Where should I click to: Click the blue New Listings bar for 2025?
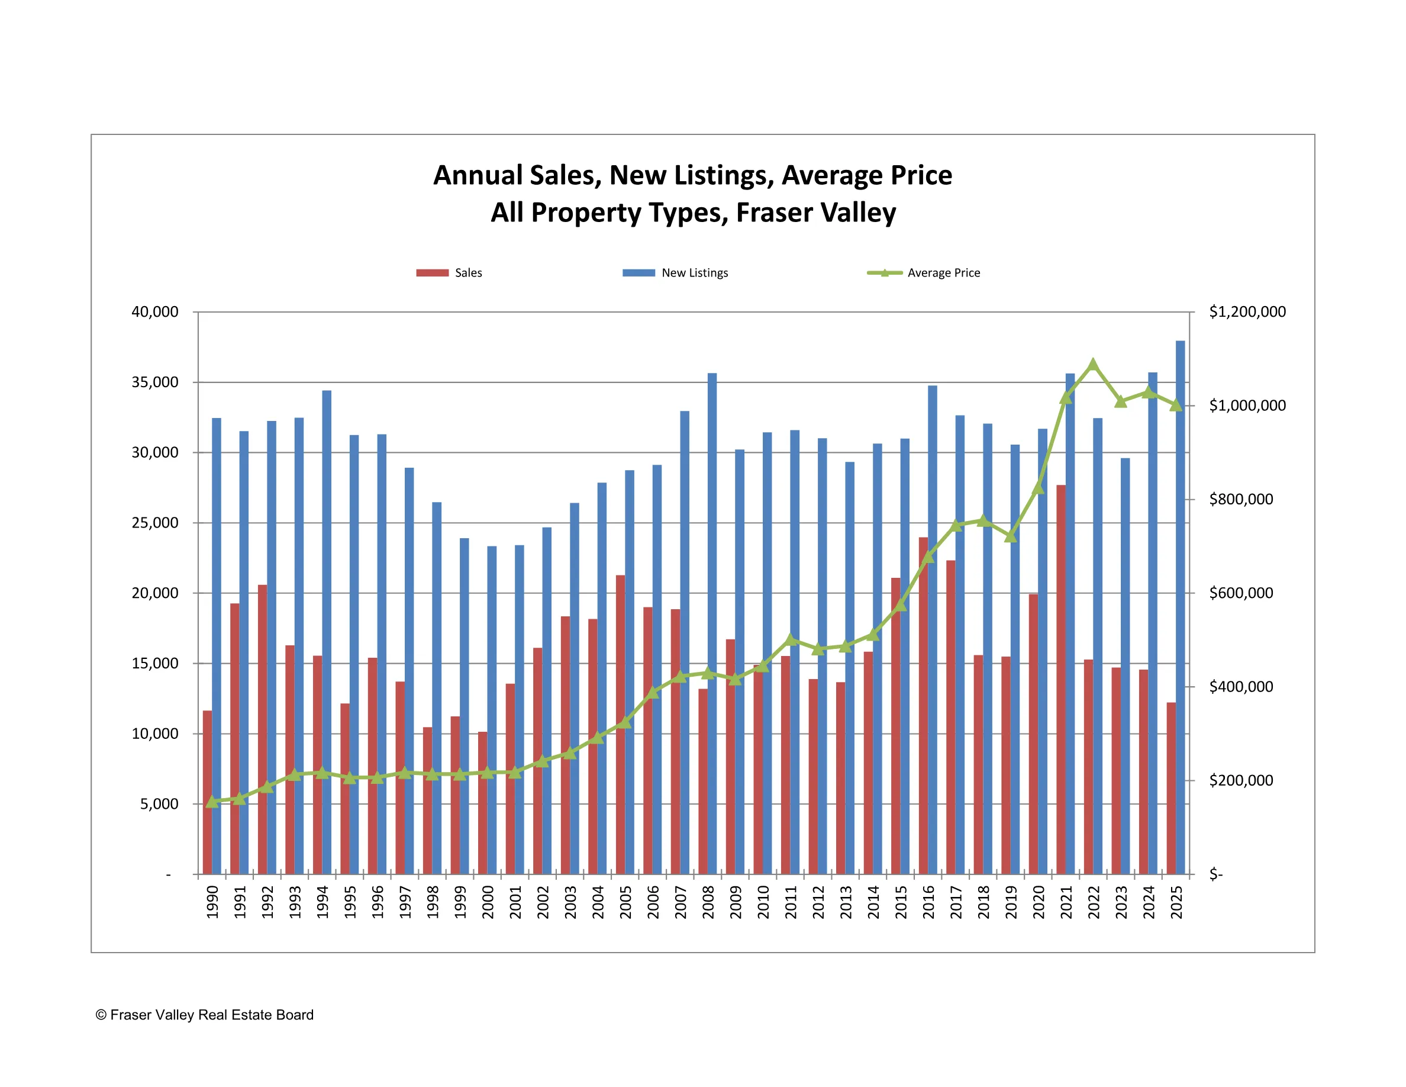click(x=1180, y=605)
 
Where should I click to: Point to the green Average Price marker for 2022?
click(x=1092, y=365)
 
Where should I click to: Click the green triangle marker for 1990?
click(x=212, y=801)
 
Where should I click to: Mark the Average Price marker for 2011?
click(x=791, y=639)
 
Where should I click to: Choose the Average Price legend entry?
click(x=924, y=273)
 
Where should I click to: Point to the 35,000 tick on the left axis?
click(x=155, y=382)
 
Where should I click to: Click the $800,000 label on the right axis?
click(x=1240, y=499)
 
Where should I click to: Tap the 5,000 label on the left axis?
click(x=159, y=803)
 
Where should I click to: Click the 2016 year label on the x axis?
click(x=928, y=902)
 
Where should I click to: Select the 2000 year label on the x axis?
click(x=488, y=902)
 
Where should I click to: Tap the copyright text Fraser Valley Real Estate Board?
click(x=205, y=1015)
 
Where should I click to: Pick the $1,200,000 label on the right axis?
click(x=1247, y=311)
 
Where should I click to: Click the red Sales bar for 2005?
click(x=620, y=725)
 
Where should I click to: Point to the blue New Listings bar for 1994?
click(x=327, y=632)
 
